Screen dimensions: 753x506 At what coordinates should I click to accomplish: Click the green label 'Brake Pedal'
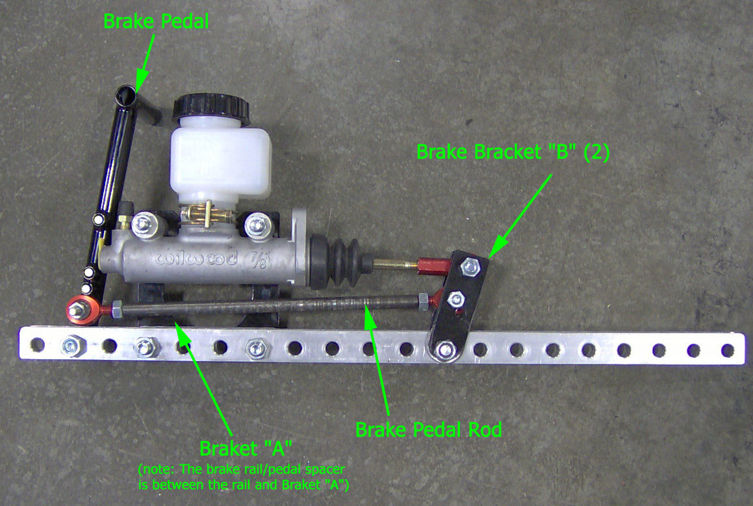pyautogui.click(x=156, y=21)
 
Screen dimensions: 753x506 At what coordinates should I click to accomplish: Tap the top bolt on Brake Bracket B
pyautogui.click(x=470, y=267)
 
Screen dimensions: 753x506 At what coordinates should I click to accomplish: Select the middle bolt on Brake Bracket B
pyautogui.click(x=455, y=300)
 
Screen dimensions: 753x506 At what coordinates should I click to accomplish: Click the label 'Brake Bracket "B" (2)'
pyautogui.click(x=513, y=152)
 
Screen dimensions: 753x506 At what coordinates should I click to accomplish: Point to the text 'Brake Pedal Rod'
pyautogui.click(x=428, y=429)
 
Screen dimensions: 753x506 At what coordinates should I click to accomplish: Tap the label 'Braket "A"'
pyautogui.click(x=246, y=448)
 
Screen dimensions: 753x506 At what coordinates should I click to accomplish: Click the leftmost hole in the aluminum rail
pyautogui.click(x=37, y=344)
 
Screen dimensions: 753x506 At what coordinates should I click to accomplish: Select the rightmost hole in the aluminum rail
pyautogui.click(x=728, y=351)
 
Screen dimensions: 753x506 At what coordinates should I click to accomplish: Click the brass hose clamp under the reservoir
pyautogui.click(x=207, y=213)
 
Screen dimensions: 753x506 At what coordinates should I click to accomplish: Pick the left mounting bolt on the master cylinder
pyautogui.click(x=142, y=224)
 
